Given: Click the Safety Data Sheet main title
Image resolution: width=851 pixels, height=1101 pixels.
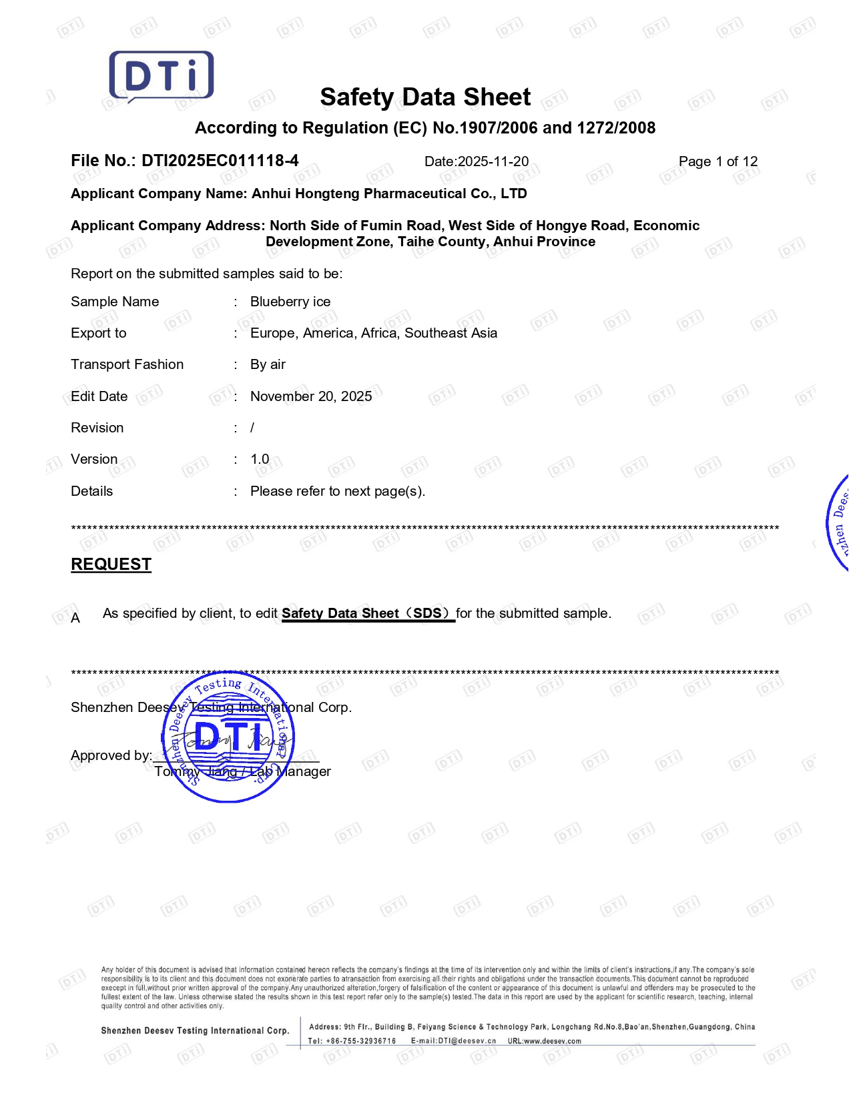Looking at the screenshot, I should (425, 97).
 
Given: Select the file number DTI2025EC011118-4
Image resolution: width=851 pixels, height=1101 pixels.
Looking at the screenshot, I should (220, 161).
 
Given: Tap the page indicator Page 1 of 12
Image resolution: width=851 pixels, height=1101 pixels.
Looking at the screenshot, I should (718, 161).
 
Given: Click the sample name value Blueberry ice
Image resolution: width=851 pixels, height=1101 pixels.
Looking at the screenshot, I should (290, 302).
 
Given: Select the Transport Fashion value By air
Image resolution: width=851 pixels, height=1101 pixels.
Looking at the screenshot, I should (268, 364).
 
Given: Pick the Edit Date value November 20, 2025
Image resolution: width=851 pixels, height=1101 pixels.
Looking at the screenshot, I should (311, 396).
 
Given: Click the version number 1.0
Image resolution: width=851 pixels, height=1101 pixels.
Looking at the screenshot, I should (260, 459).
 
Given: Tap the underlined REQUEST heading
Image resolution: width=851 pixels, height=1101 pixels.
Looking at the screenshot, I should (111, 565).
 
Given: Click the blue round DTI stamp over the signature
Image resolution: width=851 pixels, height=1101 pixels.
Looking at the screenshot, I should (228, 737).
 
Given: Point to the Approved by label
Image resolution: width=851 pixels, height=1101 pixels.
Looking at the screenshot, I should (111, 755).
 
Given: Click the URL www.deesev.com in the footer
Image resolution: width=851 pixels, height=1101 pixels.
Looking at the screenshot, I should (552, 1041).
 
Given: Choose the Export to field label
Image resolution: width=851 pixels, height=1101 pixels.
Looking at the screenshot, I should (99, 333).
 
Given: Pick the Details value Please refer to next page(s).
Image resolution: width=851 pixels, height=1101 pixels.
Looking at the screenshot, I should (338, 491).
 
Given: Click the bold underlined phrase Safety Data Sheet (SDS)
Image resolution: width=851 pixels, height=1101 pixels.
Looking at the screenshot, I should (368, 613).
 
